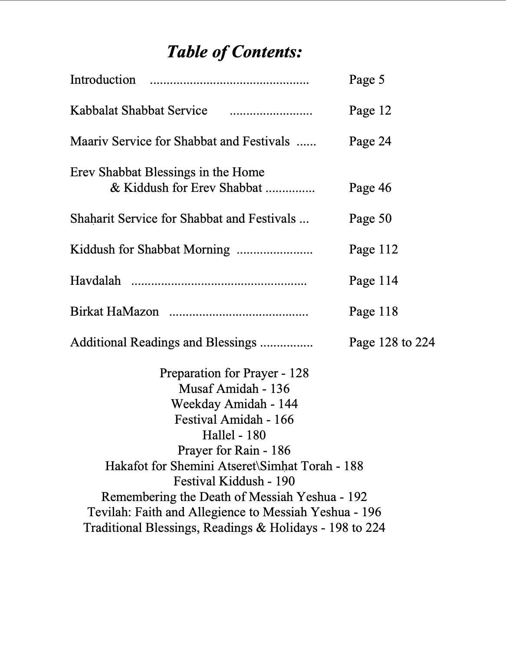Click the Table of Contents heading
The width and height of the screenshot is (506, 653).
234,52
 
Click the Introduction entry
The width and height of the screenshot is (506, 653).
103,80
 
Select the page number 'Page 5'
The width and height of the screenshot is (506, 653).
366,80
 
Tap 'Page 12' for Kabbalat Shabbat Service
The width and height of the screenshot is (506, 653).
370,111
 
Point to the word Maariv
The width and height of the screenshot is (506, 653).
89,142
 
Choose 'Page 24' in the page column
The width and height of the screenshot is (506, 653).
370,142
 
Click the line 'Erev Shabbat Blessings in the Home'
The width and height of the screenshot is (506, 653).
167,172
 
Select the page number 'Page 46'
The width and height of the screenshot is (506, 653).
370,188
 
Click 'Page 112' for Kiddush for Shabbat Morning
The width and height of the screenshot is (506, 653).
373,250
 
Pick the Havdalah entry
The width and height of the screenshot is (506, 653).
95,281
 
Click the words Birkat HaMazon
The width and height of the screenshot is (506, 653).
115,312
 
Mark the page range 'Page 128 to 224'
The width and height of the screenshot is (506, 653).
391,343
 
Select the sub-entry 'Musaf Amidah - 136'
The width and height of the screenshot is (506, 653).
234,389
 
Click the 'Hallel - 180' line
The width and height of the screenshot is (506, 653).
234,435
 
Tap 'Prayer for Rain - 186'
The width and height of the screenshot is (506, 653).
234,451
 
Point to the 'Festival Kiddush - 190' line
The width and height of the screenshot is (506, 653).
234,482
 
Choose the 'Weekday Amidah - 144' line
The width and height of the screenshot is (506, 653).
234,404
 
